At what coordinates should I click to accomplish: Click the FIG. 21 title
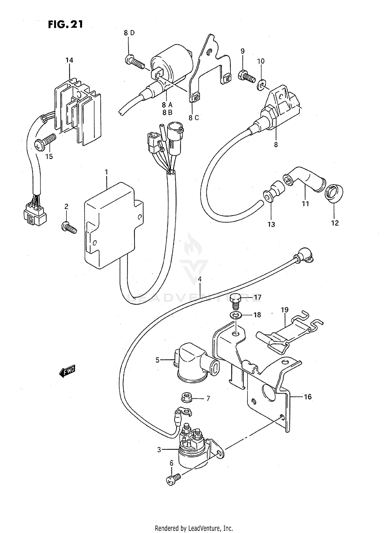pyautogui.click(x=65, y=24)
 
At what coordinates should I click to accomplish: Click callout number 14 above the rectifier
pyautogui.click(x=69, y=60)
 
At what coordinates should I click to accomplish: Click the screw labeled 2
pyautogui.click(x=69, y=227)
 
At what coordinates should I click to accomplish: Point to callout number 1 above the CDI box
pyautogui.click(x=106, y=172)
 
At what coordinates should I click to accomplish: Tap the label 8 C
pyautogui.click(x=193, y=118)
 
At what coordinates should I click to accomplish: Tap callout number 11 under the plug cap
pyautogui.click(x=305, y=204)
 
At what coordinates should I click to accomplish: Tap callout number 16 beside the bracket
pyautogui.click(x=308, y=397)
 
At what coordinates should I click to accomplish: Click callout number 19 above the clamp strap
pyautogui.click(x=285, y=310)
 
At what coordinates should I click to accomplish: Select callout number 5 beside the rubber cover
pyautogui.click(x=158, y=360)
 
